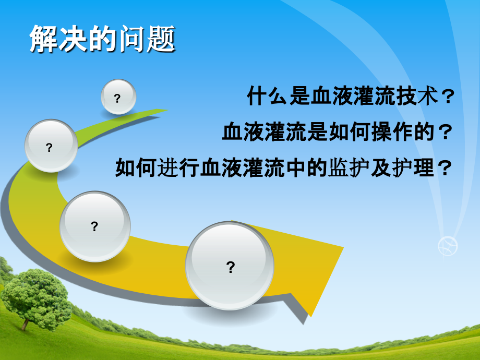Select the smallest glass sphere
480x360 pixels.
(118, 97)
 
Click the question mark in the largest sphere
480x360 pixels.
(230, 268)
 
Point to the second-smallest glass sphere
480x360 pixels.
(51, 146)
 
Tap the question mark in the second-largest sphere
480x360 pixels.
(94, 226)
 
